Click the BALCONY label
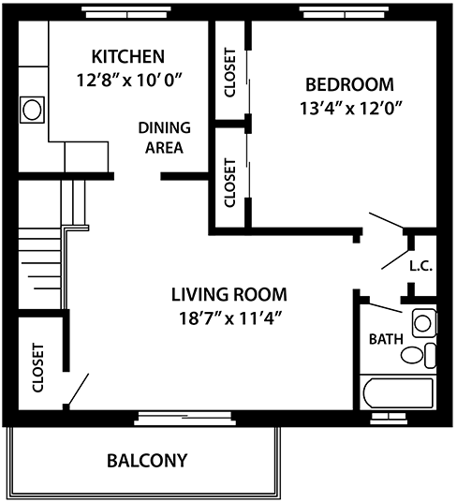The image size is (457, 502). point(147,460)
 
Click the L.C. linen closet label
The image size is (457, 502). point(420,265)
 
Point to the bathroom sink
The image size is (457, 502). point(423,324)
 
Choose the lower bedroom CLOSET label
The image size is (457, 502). point(230,182)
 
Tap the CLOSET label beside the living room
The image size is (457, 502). point(37,367)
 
